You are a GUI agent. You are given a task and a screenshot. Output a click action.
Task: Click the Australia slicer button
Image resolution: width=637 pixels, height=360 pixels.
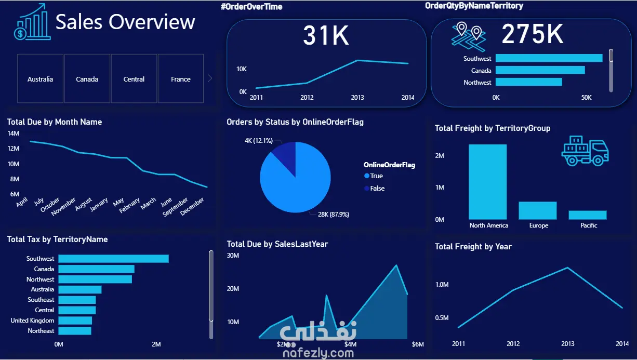(x=41, y=79)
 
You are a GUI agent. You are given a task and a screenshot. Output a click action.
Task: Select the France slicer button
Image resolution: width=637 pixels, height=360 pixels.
(x=181, y=79)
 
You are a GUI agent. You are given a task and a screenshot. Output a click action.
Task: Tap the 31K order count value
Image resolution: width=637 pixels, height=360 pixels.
(x=326, y=35)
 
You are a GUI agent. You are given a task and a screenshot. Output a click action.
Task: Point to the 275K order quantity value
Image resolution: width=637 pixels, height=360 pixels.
(x=532, y=35)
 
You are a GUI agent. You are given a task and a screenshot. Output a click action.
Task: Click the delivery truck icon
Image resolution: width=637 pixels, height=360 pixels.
(x=585, y=151)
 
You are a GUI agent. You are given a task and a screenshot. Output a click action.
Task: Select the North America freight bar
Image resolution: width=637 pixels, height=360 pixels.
(x=487, y=181)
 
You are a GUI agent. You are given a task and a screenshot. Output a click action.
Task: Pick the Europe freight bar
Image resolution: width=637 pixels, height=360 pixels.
(x=537, y=210)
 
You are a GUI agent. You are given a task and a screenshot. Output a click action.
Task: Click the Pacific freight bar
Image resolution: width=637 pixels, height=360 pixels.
(x=587, y=215)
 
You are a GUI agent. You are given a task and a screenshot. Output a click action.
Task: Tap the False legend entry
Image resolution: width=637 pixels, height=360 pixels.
(x=377, y=189)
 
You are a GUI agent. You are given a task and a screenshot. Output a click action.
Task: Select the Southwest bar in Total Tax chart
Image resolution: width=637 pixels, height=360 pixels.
(x=113, y=259)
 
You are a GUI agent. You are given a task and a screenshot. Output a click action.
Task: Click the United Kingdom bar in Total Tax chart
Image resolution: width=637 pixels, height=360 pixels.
(x=75, y=321)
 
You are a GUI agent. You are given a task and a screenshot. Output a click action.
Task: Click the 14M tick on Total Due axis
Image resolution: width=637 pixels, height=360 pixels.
(x=14, y=134)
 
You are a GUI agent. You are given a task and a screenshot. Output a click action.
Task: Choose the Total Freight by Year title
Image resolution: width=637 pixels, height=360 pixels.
(x=473, y=247)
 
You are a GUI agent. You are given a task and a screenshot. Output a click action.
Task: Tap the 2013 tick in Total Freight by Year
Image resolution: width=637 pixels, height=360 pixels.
(x=568, y=344)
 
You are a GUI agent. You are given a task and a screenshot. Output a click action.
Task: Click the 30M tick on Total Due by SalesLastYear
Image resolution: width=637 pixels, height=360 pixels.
(x=233, y=256)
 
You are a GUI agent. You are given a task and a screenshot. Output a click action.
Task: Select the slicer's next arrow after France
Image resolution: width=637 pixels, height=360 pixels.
(x=210, y=78)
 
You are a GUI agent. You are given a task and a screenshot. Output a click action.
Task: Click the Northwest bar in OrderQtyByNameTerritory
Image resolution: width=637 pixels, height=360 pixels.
(x=528, y=82)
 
